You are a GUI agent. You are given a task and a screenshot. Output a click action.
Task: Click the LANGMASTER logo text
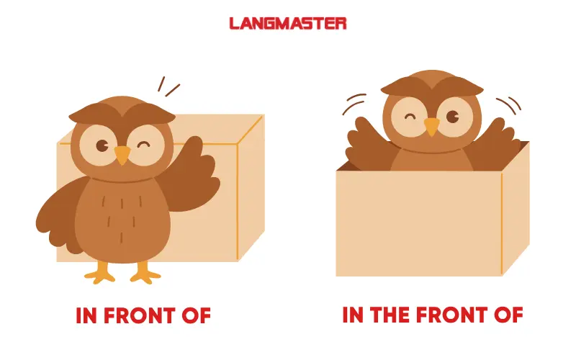tap(287, 24)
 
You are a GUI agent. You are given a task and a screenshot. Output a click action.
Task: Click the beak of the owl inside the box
tap(432, 126)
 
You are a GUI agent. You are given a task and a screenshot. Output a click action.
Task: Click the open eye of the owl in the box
tap(453, 117)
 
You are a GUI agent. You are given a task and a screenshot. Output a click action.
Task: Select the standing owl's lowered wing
tap(59, 216)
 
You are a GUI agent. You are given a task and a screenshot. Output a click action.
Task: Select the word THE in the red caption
tap(390, 315)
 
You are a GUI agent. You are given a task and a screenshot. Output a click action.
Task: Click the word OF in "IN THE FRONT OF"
tap(508, 315)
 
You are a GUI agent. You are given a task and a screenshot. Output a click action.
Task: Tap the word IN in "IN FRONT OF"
tap(86, 315)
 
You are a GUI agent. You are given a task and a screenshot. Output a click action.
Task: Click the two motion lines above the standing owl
tap(168, 86)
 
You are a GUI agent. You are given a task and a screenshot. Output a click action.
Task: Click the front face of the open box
tap(419, 223)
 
